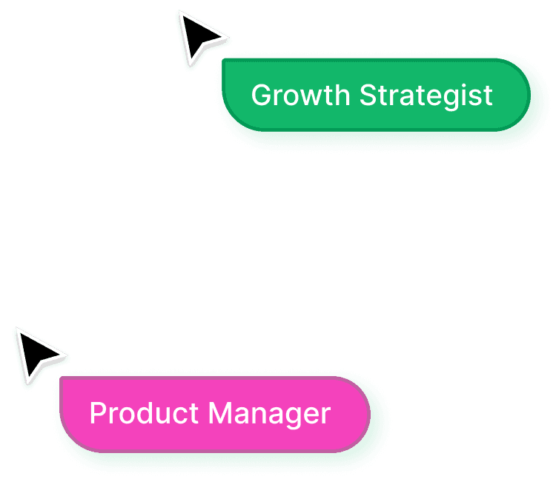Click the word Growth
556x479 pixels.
300,96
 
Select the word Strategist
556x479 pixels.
426,96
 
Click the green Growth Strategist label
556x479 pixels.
375,96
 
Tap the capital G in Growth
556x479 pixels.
260,96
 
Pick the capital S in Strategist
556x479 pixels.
368,96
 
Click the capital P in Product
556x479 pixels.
97,413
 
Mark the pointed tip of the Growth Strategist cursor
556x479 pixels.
180,13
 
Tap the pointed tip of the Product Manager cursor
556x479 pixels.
17,330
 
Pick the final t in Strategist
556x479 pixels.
488,96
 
